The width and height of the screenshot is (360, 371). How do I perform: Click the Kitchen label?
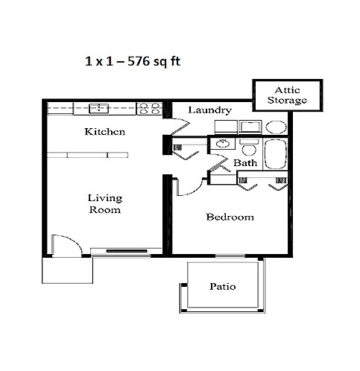point(104,132)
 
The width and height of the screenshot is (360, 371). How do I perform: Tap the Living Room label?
point(105,203)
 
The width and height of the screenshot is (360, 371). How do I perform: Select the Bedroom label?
point(230,217)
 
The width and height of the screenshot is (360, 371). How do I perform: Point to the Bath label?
point(245,163)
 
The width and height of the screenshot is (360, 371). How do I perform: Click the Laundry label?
point(209,110)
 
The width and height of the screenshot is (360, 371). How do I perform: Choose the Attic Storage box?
point(288,95)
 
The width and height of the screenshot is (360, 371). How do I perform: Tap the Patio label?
point(223,286)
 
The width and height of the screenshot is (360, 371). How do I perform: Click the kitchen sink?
point(99,108)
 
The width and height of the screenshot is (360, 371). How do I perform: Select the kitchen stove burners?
point(149,109)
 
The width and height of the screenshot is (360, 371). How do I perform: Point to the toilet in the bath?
point(249,148)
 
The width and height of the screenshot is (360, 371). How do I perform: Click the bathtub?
point(276,154)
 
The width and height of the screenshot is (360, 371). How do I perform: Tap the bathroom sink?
point(222,143)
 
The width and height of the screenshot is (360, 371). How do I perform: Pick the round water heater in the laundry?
point(276,127)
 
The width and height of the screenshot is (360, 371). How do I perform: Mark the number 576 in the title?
point(139,61)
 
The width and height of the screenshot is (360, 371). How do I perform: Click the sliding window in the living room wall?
point(127,251)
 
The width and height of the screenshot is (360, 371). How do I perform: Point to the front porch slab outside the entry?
point(67,270)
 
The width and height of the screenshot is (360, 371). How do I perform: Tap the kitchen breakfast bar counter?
point(87,155)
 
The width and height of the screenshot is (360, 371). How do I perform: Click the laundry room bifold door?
point(177,127)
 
